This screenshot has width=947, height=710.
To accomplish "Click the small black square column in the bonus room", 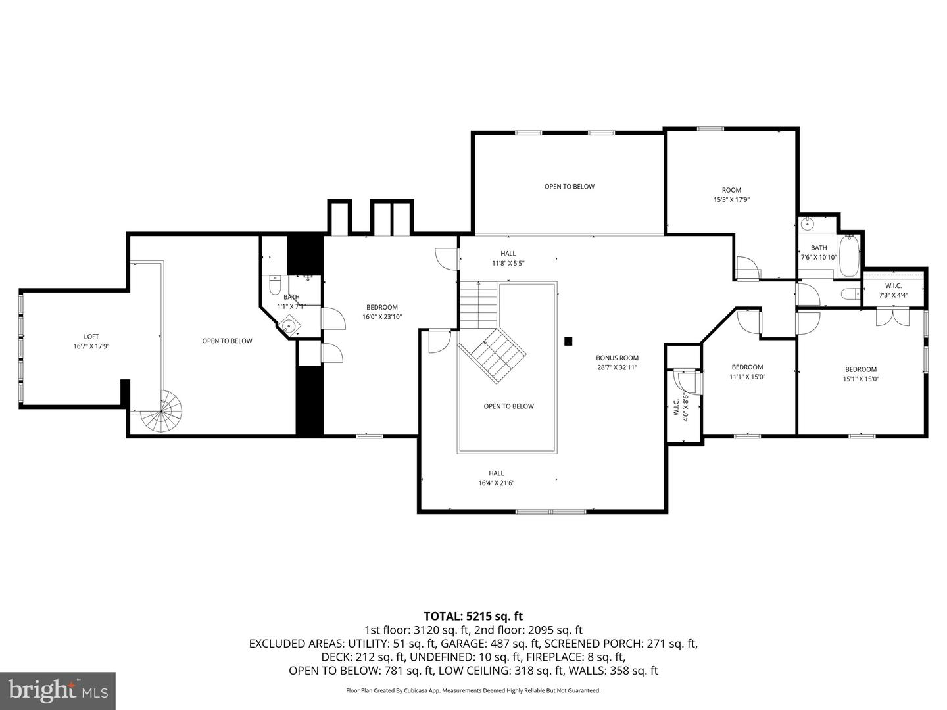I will coord(568,341).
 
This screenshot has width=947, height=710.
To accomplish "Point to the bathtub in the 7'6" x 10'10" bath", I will coord(848,256).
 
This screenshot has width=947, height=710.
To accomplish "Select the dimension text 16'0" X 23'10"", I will coord(381,317).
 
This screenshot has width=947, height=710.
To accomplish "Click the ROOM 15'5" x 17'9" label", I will coord(731,195).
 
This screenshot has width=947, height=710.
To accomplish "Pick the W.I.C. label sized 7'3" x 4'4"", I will coord(893,291).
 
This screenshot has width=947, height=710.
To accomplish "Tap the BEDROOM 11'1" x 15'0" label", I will coord(747,372).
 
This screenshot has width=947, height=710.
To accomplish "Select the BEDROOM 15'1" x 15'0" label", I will coord(861,374).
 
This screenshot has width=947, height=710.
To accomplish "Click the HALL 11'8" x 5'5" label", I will coord(508,258).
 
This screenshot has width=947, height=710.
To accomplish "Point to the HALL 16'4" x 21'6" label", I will coord(496,478).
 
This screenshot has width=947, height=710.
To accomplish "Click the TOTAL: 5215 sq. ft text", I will coord(473,616).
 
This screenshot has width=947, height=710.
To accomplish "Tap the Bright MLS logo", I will coord(58,690).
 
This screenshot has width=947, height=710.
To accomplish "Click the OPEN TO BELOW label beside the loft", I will coord(227,341).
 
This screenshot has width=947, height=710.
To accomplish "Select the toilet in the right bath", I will coord(850,294).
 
